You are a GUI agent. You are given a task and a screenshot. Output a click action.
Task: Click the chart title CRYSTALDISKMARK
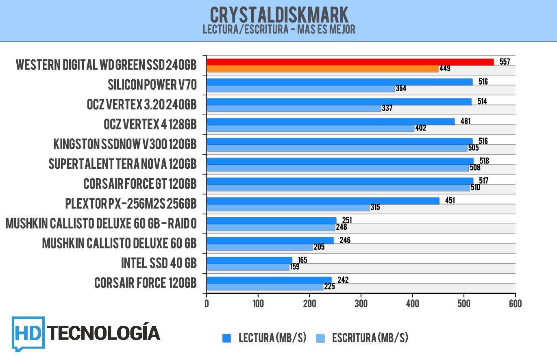pyautogui.click(x=279, y=15)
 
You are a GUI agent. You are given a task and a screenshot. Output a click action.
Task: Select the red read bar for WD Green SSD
pyautogui.click(x=350, y=62)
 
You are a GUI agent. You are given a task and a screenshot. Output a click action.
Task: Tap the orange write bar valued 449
pyautogui.click(x=322, y=69)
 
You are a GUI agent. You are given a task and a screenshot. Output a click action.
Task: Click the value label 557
pyautogui.click(x=505, y=62)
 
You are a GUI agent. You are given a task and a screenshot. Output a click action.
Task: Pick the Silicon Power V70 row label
pyautogui.click(x=152, y=85)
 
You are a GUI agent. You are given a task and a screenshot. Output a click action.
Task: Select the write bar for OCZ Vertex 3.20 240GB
pyautogui.click(x=294, y=108)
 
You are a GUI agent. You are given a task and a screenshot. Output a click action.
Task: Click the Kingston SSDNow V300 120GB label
pyautogui.click(x=125, y=144)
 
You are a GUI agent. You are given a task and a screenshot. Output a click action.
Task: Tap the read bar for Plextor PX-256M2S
pyautogui.click(x=323, y=201)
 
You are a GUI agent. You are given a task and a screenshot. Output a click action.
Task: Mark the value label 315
pyautogui.click(x=375, y=207)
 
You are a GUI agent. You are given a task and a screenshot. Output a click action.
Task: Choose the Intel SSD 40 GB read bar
pyautogui.click(x=249, y=260)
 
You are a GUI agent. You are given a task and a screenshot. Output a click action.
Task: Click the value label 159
pyautogui.click(x=295, y=267)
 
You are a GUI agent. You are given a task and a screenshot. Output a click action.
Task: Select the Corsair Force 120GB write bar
pyautogui.click(x=265, y=287)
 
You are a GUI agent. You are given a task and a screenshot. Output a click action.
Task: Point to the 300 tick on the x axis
pyautogui.click(x=361, y=303)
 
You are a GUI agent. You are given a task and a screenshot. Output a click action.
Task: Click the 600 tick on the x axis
pyautogui.click(x=515, y=303)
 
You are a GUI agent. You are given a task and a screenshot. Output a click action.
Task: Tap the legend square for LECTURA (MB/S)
pyautogui.click(x=227, y=338)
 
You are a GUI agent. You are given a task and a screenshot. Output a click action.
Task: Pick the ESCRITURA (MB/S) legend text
pyautogui.click(x=370, y=338)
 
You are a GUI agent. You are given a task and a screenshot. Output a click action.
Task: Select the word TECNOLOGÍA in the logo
pyautogui.click(x=104, y=333)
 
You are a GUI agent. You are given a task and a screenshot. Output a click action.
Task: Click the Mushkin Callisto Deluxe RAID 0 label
pyautogui.click(x=101, y=224)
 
